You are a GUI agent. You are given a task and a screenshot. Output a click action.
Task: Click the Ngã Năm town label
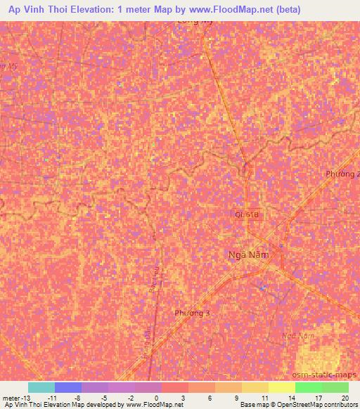coord(249,255)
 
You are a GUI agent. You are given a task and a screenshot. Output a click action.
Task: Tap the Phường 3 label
coord(191,313)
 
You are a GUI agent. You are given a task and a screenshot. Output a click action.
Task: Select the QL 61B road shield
coord(245,214)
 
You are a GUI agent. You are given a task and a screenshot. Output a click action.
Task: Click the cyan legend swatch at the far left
coord(41,387)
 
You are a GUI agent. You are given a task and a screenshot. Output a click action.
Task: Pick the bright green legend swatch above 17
coord(309,387)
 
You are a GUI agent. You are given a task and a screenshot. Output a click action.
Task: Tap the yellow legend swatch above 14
coord(282,387)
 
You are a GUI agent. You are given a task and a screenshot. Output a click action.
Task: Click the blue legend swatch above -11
coord(68,387)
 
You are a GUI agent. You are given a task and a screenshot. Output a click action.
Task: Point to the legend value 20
coord(345,397)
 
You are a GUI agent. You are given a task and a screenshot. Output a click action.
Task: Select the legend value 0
coord(156,397)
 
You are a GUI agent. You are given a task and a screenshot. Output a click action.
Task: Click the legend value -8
coord(77,397)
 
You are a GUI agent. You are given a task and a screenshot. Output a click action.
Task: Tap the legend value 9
coord(236,397)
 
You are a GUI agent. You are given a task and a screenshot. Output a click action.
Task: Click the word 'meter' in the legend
coord(13,397)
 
